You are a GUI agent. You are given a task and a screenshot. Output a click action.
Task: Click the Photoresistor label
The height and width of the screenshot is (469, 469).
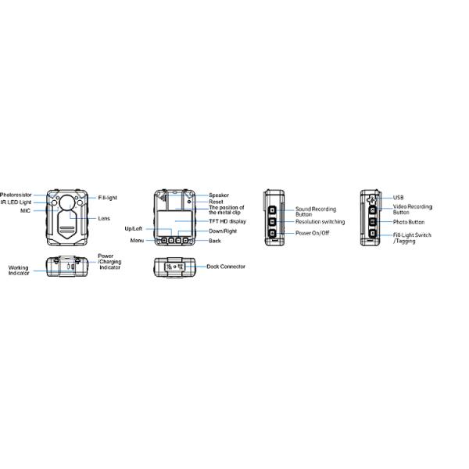pos(16,195)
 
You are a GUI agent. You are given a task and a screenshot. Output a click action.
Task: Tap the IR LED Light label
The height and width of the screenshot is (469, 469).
pos(16,202)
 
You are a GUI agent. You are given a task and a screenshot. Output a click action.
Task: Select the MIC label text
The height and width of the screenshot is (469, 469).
pos(26,210)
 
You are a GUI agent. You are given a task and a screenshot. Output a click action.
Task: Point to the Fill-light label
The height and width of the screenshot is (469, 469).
pos(107,198)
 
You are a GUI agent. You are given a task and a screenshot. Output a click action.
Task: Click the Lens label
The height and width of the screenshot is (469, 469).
pos(104,218)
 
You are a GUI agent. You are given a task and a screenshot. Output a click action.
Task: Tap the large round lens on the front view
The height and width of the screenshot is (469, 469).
pos(67,202)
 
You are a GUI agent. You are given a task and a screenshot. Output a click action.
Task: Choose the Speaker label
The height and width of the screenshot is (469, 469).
pos(219,195)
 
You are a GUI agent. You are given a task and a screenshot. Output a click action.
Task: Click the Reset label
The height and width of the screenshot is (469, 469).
pos(216,202)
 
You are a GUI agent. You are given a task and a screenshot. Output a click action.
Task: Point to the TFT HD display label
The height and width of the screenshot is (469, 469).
pos(227,221)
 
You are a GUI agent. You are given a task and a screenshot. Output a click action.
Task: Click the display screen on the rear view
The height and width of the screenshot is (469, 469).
pos(174,221)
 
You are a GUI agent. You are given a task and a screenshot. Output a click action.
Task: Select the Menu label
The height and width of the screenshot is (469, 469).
pos(137,241)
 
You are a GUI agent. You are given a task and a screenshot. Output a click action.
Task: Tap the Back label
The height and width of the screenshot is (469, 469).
pos(215,241)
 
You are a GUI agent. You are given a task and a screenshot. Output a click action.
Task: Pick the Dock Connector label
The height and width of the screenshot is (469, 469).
pos(226,267)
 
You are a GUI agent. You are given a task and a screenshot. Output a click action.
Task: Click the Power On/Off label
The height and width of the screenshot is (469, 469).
pos(312,233)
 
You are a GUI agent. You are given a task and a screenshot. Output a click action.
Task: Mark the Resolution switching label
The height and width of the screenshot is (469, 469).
pos(320,222)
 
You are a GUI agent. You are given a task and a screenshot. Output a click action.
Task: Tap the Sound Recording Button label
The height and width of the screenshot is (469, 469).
pos(316,212)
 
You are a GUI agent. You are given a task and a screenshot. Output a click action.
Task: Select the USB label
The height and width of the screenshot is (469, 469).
pos(398,198)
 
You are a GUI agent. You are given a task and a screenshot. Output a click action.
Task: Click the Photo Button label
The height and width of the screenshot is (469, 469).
pos(409,222)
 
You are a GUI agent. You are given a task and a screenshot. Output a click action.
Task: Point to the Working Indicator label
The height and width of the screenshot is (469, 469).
pos(19,270)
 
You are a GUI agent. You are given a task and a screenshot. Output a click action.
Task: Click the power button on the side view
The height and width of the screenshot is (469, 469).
pos(272,233)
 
